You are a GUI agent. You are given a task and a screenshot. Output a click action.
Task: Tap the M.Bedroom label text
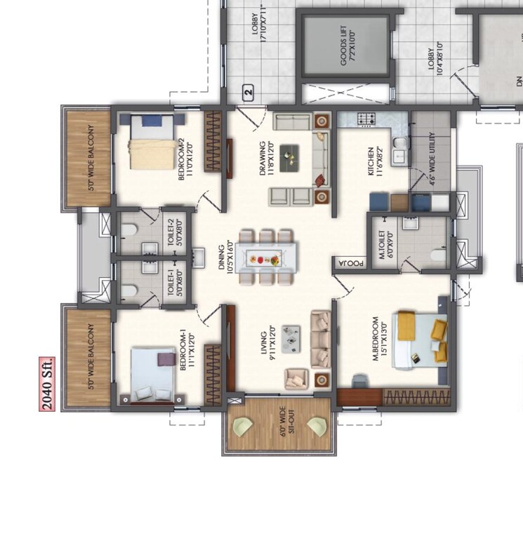379,341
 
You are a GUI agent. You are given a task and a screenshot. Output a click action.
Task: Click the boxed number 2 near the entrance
247,91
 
